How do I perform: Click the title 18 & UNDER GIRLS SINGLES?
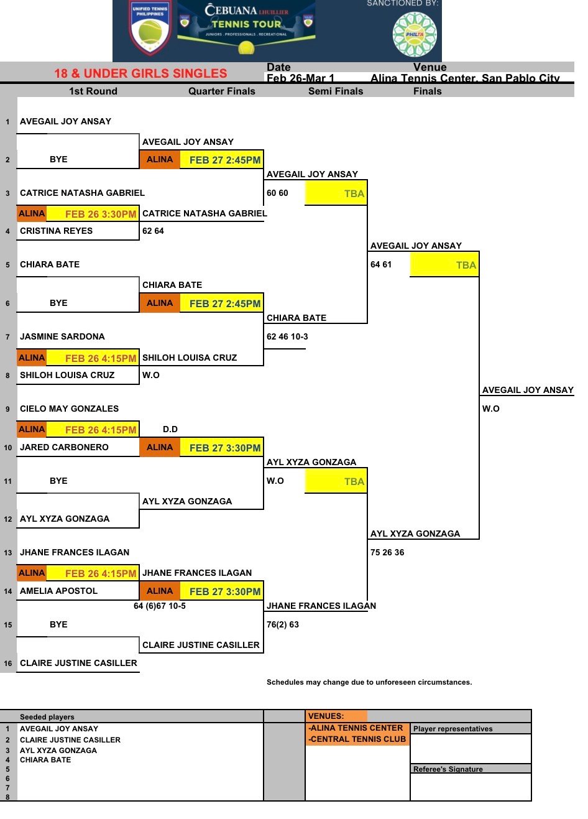(140, 73)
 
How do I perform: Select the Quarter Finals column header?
(222, 91)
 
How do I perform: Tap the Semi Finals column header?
(336, 91)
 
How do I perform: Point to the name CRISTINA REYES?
(57, 231)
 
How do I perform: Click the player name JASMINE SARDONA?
(62, 336)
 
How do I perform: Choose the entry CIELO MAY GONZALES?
(69, 409)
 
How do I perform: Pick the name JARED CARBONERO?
(64, 447)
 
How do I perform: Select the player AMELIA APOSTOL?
(58, 591)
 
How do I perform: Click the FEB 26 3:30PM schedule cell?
(100, 214)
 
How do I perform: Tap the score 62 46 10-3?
(287, 336)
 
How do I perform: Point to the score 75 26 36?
(387, 552)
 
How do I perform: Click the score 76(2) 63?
(283, 624)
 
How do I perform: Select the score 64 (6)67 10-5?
(160, 606)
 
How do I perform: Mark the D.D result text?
(170, 429)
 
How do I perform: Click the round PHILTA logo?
(415, 34)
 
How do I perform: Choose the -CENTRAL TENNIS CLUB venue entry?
(357, 739)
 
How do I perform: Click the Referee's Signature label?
(448, 769)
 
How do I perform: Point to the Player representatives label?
(452, 729)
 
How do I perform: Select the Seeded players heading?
(47, 717)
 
